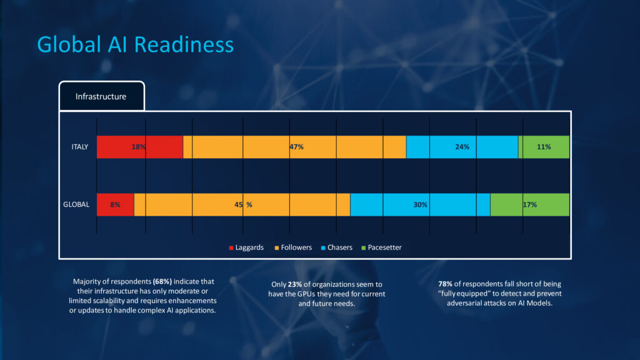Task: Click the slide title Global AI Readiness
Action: [135, 44]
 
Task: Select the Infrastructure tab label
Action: [101, 96]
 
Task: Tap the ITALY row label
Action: [79, 147]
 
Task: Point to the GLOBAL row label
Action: [76, 204]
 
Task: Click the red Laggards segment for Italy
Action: [139, 147]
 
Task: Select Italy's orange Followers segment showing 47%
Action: [295, 147]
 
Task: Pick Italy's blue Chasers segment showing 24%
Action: [462, 147]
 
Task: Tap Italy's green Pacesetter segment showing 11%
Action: [544, 147]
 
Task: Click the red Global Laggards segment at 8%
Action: [115, 204]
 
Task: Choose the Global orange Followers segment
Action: [242, 204]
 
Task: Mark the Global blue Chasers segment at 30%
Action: [420, 204]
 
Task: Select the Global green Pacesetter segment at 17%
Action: [530, 204]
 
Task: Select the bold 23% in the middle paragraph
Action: [295, 284]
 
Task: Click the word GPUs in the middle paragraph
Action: [334, 294]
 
